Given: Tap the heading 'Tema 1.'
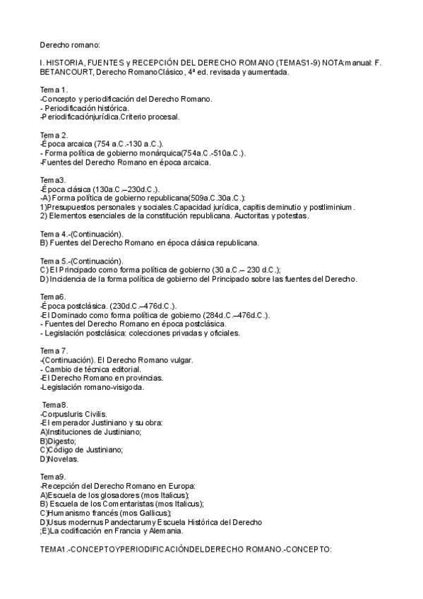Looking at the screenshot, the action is (54, 90).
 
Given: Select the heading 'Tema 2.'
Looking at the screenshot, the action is (54, 135).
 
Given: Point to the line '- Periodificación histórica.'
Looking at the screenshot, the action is (85, 107).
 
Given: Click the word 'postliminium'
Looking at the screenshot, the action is (326, 207).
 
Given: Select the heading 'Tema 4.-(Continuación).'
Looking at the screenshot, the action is (81, 234).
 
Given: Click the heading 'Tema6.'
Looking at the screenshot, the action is (53, 297).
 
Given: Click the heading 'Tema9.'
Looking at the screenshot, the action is (53, 477).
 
